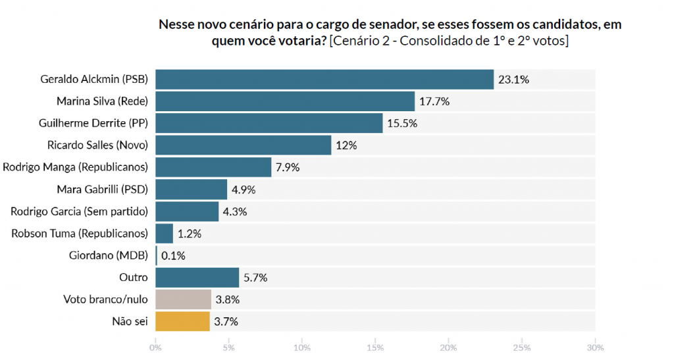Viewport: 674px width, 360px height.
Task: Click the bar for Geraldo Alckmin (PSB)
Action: coord(324,80)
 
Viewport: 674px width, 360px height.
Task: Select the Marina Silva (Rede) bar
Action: coord(284,101)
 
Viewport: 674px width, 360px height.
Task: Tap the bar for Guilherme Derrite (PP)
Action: coord(269,123)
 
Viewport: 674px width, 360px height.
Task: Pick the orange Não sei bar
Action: coord(182,322)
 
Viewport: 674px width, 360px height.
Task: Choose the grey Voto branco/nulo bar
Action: coord(183,300)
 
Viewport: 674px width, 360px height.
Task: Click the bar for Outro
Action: coord(197,278)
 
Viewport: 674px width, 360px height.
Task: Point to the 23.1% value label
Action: coord(513,80)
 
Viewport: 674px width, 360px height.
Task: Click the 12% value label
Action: coord(346,145)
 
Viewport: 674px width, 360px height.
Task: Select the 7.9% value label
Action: coord(288,168)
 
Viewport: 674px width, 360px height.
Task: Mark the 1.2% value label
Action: coord(190,234)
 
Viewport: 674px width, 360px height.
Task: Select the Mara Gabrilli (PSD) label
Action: coord(103,190)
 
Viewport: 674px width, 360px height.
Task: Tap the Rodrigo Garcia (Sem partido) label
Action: coord(80,212)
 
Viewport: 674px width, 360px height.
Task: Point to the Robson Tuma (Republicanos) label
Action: coord(80,234)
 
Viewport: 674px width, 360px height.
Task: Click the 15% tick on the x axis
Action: coord(375,347)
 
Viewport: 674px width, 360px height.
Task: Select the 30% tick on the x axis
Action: coord(595,347)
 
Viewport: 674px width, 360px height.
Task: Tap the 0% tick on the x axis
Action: coord(155,347)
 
